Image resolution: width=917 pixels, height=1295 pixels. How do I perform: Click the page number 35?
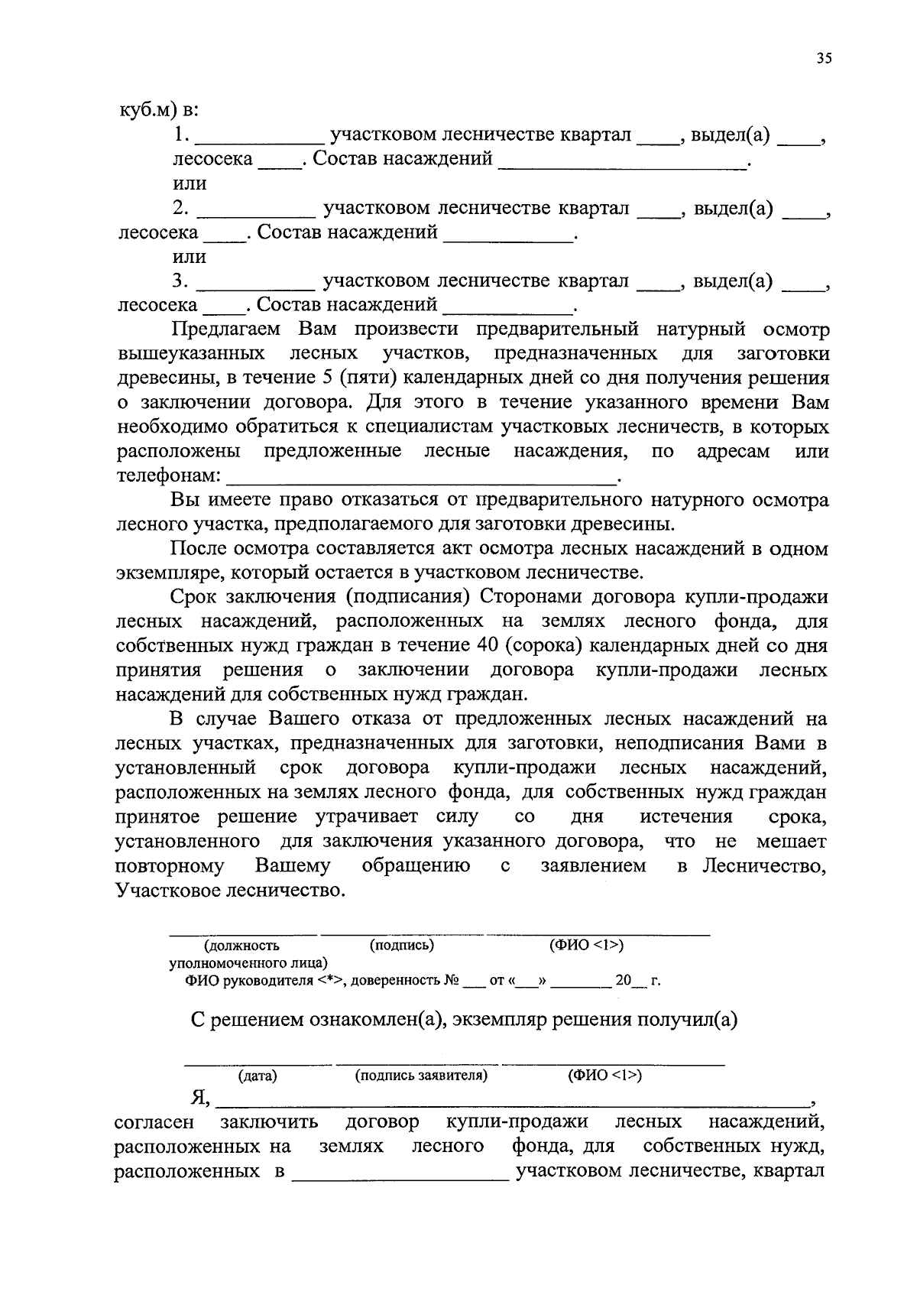coord(823,59)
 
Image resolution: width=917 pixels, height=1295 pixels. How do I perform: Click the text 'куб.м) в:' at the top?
coord(157,110)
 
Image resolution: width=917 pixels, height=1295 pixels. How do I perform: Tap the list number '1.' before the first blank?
coord(181,135)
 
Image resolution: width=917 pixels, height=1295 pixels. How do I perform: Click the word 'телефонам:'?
coord(168,475)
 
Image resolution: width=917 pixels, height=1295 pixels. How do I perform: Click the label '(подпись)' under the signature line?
coord(401,945)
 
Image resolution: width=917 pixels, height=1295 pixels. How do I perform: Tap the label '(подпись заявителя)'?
coord(421,1076)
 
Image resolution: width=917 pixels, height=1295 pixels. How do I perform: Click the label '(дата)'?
coord(258,1076)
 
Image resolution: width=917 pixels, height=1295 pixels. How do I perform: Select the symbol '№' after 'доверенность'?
coord(452,980)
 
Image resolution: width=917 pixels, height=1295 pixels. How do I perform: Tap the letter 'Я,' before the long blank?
coord(200,1098)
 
